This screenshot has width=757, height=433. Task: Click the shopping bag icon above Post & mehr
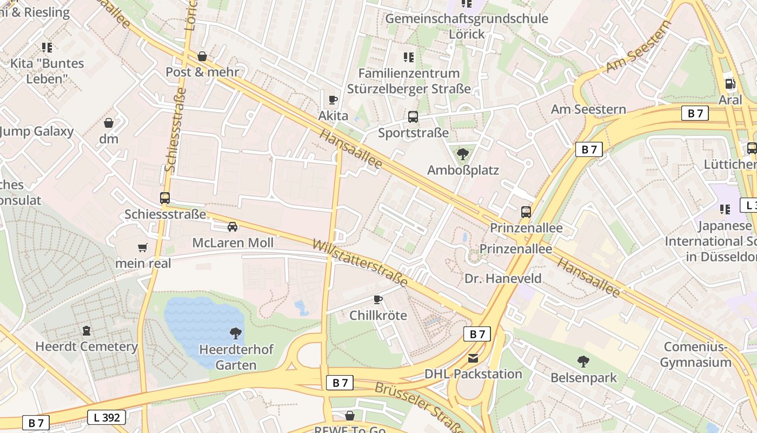coord(202,56)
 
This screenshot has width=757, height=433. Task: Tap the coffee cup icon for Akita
coord(333,100)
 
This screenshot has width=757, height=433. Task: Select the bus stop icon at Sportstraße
coord(413,117)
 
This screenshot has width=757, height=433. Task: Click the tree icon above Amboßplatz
coord(462,155)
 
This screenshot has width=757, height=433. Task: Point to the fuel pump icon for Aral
coord(730,84)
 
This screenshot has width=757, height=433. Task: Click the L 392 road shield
coord(107,417)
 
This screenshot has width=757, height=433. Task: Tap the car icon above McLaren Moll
coord(233,227)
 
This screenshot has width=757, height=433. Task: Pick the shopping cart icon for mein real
coord(142,248)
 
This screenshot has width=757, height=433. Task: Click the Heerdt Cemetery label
coord(87,346)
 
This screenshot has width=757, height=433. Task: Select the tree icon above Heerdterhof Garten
coord(236,333)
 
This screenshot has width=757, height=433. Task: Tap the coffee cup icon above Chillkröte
coord(378,299)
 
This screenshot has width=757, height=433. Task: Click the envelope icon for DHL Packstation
coord(473,358)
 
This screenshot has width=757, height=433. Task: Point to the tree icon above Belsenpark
coord(583,361)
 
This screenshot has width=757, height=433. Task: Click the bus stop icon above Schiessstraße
coord(165,198)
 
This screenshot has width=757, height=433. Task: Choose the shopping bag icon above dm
coord(109,123)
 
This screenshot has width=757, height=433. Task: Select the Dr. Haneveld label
coord(503,279)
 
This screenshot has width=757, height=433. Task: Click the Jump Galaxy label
coord(37,132)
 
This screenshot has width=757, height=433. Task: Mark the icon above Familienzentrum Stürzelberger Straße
coord(409,57)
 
